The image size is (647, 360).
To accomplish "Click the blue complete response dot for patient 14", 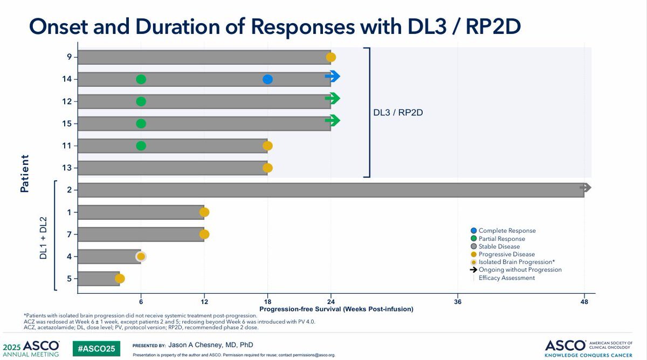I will pos(267,79).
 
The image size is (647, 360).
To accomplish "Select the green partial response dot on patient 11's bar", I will pos(141,146).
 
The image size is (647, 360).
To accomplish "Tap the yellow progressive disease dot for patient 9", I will pos(331,57).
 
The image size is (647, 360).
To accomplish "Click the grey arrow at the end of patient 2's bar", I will pos(586,188).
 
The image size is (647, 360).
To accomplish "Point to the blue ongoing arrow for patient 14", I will pos(333,77).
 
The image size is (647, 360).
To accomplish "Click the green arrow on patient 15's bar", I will pos(333,121).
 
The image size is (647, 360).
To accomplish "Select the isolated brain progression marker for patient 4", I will pos(141,257).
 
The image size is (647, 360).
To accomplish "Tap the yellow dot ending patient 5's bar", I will pos(120,279).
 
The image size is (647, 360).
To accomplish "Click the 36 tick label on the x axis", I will pos(458,302).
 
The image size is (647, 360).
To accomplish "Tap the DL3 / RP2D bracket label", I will pos(398,113).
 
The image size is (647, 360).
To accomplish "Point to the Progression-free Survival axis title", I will pos(336,309).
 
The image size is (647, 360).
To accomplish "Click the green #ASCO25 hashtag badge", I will pos(97,349).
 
